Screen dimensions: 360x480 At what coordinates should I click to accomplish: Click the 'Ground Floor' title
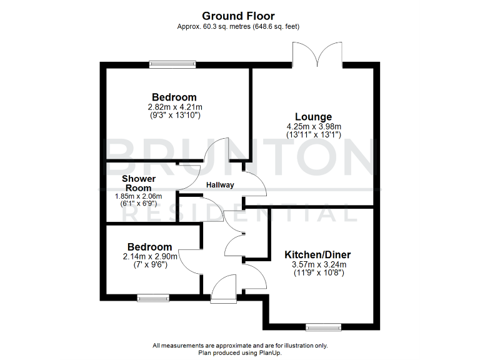point(239,16)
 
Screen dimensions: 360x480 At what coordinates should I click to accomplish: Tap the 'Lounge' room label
point(313,117)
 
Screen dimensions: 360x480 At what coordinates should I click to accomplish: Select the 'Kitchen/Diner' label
point(317,255)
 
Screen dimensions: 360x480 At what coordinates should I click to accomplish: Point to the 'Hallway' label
point(220,185)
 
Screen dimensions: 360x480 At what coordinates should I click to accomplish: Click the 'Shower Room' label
point(138,183)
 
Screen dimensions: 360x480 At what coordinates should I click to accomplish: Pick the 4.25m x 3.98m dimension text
point(313,126)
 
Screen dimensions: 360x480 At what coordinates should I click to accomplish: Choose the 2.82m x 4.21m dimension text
point(174,107)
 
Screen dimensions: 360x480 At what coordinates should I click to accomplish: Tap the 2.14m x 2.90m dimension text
point(149,256)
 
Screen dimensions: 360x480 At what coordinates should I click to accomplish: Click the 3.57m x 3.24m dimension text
point(318,264)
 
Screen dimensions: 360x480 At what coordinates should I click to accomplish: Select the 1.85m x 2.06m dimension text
point(138,196)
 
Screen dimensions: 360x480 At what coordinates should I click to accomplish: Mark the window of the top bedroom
point(172,64)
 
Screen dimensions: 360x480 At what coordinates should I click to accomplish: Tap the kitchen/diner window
point(323,326)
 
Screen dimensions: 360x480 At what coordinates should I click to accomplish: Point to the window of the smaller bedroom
point(153,299)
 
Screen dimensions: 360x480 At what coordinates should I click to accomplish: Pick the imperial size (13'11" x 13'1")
point(313,134)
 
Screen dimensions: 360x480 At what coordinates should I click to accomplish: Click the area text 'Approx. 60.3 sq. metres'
point(214,27)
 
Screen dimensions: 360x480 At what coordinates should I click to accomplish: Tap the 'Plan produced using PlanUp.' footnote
point(239,352)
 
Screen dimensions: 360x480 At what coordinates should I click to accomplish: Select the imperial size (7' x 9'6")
point(149,264)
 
